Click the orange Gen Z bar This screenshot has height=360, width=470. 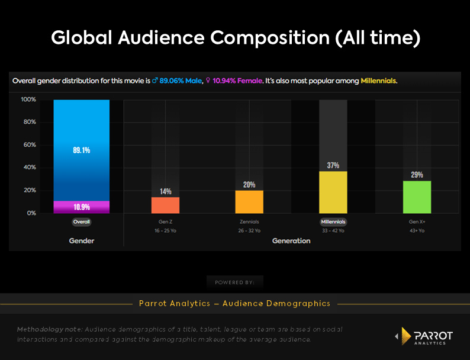click(165, 205)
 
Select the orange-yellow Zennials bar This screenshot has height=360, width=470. click(249, 201)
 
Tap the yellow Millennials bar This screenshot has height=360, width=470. click(333, 192)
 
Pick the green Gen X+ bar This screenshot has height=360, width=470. click(417, 197)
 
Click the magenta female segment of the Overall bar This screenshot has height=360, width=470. click(81, 207)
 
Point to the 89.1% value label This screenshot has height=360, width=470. click(81, 151)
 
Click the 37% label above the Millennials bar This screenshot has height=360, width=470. click(333, 166)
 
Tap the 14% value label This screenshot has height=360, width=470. click(165, 191)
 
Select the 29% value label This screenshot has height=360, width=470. click(417, 175)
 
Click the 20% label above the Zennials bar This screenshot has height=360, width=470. click(249, 185)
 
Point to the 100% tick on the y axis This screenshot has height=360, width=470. click(28, 99)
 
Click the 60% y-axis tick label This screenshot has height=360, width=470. click(30, 145)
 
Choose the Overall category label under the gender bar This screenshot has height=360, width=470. click(81, 221)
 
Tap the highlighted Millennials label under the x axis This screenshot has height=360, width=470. click(333, 221)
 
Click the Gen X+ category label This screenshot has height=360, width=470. click(417, 221)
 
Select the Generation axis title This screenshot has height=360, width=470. click(291, 241)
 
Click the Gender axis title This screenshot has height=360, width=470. click(81, 241)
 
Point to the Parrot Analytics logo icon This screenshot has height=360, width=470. click(405, 336)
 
